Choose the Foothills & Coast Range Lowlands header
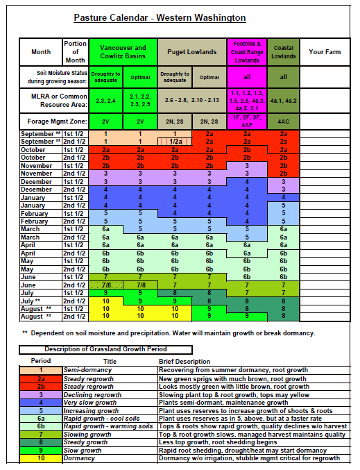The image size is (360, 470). pyautogui.click(x=247, y=51)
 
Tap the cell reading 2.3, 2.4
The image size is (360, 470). pyautogui.click(x=106, y=101)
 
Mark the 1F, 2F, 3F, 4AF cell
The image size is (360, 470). pyautogui.click(x=247, y=119)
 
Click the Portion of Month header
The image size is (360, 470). pyautogui.click(x=75, y=51)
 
